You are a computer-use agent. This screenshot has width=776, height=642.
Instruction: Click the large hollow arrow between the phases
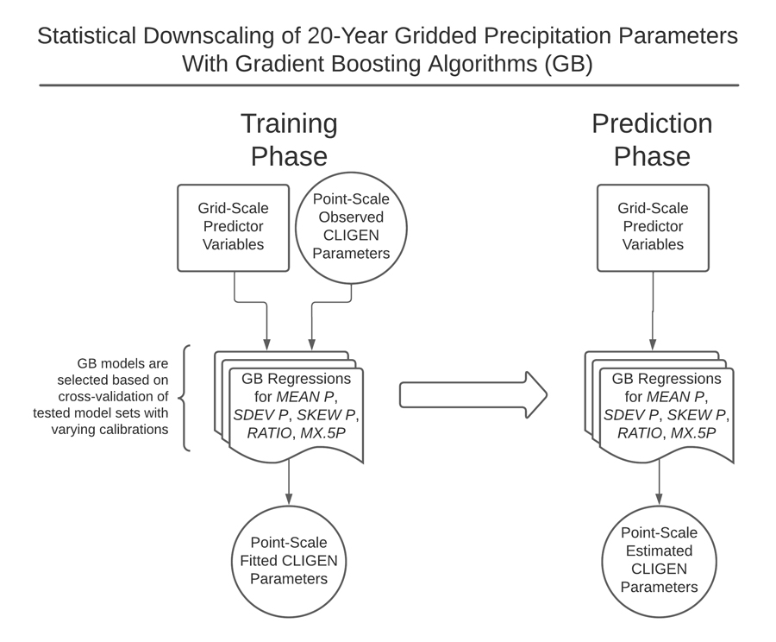472,395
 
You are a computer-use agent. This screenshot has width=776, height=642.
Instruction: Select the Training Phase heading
289,140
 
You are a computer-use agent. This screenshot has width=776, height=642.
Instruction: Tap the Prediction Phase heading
652,140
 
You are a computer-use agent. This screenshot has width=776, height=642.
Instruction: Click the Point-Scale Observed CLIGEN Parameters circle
351,227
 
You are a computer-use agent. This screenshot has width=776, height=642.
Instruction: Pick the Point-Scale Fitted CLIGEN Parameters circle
289,561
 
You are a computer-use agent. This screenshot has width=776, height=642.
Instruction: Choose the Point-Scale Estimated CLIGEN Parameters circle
659,561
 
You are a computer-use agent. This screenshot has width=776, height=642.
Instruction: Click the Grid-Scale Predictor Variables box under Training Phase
233,227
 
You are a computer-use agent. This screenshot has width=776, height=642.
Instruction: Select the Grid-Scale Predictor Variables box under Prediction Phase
653,227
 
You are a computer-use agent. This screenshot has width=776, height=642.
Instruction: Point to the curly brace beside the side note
185,398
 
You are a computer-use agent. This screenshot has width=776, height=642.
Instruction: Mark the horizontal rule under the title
388,85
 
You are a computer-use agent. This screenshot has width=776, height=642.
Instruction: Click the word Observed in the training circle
351,217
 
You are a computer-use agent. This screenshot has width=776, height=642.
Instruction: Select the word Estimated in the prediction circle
659,551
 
